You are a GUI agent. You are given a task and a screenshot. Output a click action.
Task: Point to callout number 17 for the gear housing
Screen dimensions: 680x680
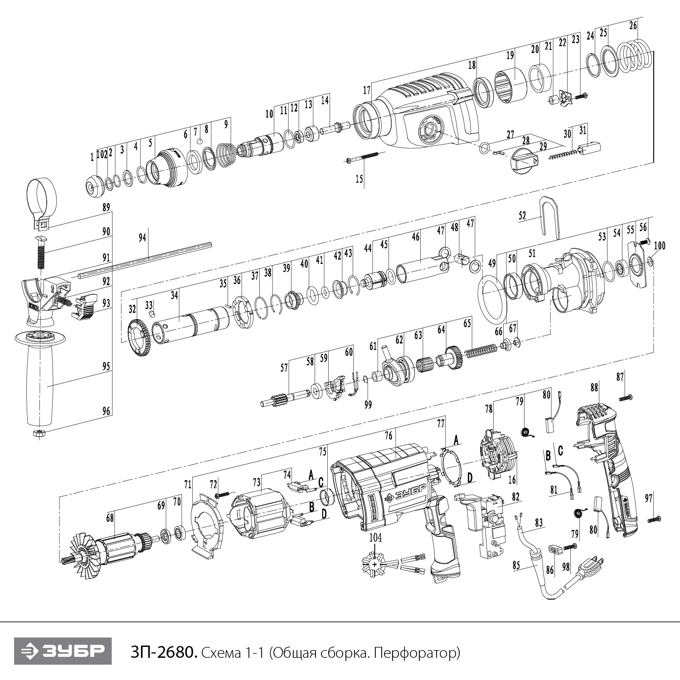[x=367, y=90]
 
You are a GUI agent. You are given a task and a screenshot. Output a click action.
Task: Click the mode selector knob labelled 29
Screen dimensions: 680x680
[x=524, y=160]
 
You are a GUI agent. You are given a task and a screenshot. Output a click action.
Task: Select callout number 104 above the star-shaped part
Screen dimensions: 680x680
[x=375, y=538]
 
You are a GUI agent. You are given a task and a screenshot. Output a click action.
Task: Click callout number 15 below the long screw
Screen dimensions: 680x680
[x=359, y=179]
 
